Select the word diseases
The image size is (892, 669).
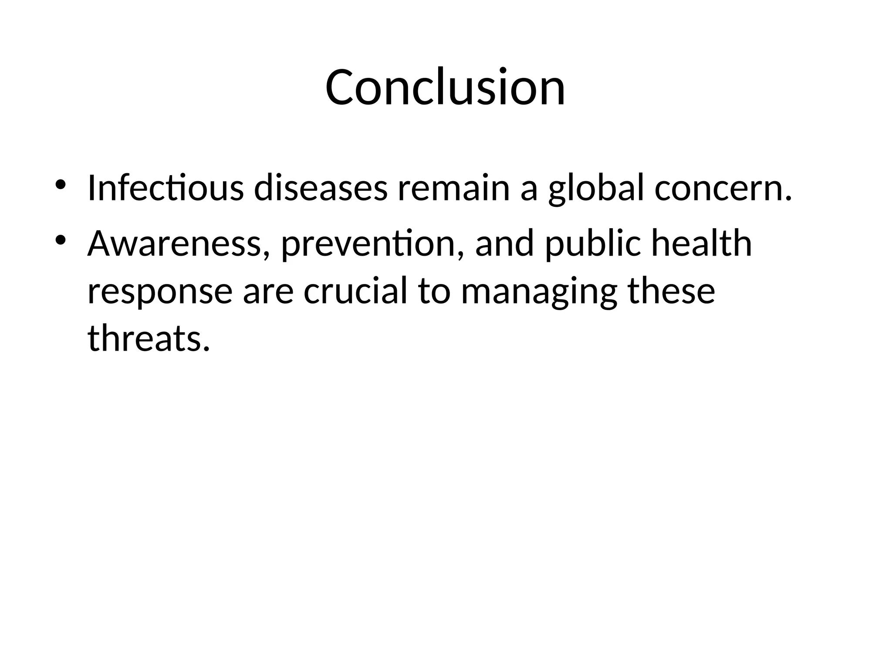pyautogui.click(x=321, y=188)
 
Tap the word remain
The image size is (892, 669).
pyautogui.click(x=453, y=188)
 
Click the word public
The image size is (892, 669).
pyautogui.click(x=593, y=244)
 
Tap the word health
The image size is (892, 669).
pyautogui.click(x=702, y=244)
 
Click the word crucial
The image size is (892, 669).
pyautogui.click(x=355, y=291)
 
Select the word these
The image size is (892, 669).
pyautogui.click(x=671, y=291)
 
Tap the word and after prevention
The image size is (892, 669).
pyautogui.click(x=504, y=244)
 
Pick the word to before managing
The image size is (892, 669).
pyautogui.click(x=434, y=291)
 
